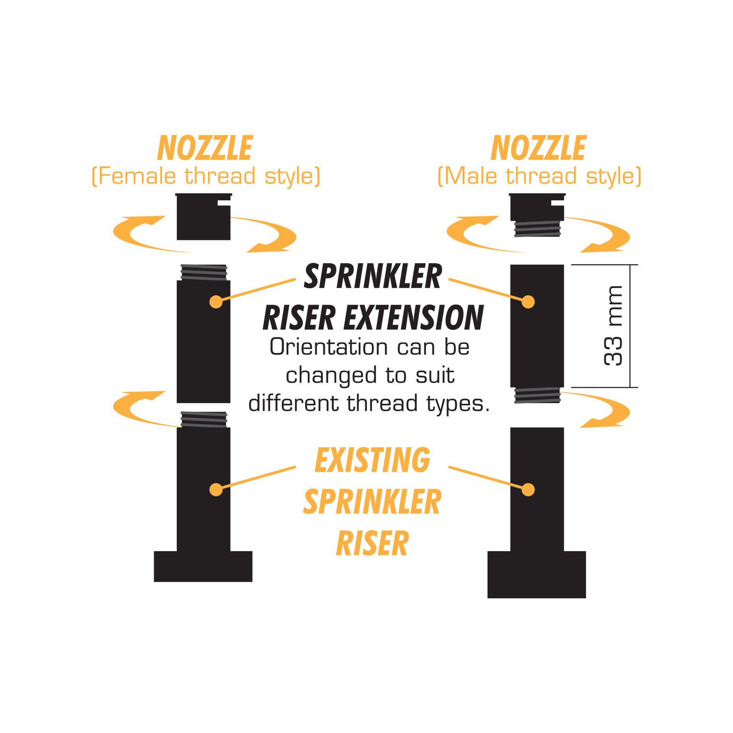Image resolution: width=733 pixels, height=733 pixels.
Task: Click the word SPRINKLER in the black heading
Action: tap(373, 277)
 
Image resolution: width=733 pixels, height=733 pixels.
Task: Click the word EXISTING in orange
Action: tap(372, 460)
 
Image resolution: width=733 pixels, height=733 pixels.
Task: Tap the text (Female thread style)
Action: tap(206, 176)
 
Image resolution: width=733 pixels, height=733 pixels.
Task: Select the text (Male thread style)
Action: tap(539, 176)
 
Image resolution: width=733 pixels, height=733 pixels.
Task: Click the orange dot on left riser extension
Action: tap(216, 302)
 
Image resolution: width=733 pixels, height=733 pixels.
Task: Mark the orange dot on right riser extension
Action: tap(528, 302)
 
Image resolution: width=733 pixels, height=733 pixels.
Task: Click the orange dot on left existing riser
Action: tap(216, 490)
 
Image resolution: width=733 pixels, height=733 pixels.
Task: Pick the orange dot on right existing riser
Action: tap(528, 490)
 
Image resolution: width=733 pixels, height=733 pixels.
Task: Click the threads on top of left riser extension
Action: tap(203, 273)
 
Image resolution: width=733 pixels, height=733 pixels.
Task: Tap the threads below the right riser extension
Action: tap(537, 395)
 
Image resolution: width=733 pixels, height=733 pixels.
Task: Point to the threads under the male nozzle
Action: tap(537, 229)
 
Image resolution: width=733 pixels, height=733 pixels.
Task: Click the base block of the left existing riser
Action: tap(203, 566)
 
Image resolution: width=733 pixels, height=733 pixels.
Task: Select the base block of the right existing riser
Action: tap(536, 574)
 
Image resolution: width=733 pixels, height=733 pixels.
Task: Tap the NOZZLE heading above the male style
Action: tap(538, 148)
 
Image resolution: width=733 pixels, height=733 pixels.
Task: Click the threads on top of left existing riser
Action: tap(203, 420)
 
